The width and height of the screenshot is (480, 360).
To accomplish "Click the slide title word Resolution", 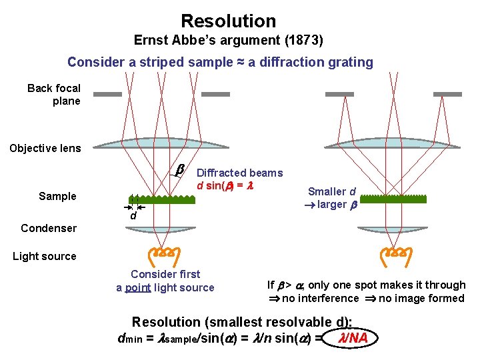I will pyautogui.click(x=228, y=21).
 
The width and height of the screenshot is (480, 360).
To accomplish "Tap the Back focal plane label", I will pyautogui.click(x=54, y=95).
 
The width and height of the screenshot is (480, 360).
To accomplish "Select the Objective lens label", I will pyautogui.click(x=45, y=148).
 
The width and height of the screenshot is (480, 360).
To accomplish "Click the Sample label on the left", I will pyautogui.click(x=57, y=196).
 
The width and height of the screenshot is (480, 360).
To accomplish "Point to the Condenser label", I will pyautogui.click(x=49, y=228).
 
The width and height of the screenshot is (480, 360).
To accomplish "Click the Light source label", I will pyautogui.click(x=45, y=256).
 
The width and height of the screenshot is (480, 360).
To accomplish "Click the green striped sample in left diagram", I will pyautogui.click(x=162, y=199).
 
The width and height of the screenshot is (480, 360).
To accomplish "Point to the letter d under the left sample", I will pyautogui.click(x=133, y=216).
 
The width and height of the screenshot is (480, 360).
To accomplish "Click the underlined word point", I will pyautogui.click(x=137, y=287).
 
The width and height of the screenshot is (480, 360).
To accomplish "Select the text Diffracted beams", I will pyautogui.click(x=240, y=173).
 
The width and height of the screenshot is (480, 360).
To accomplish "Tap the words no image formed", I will pyautogui.click(x=421, y=298).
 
